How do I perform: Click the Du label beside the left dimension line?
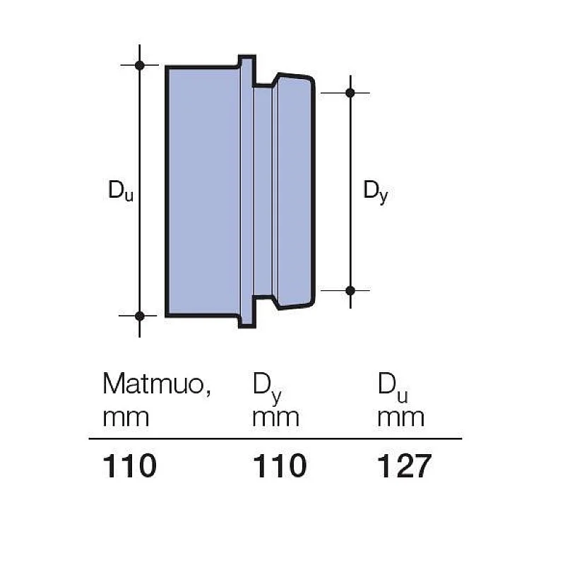120,191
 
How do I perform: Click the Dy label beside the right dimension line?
375,191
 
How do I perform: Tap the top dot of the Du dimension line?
140,65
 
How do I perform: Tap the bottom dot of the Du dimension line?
140,316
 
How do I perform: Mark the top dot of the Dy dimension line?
350,93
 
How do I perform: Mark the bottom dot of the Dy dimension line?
350,290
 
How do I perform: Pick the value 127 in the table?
403,467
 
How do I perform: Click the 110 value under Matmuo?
129,467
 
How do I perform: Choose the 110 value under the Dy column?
280,467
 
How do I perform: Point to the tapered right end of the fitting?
294,191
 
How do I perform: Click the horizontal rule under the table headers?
275,439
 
